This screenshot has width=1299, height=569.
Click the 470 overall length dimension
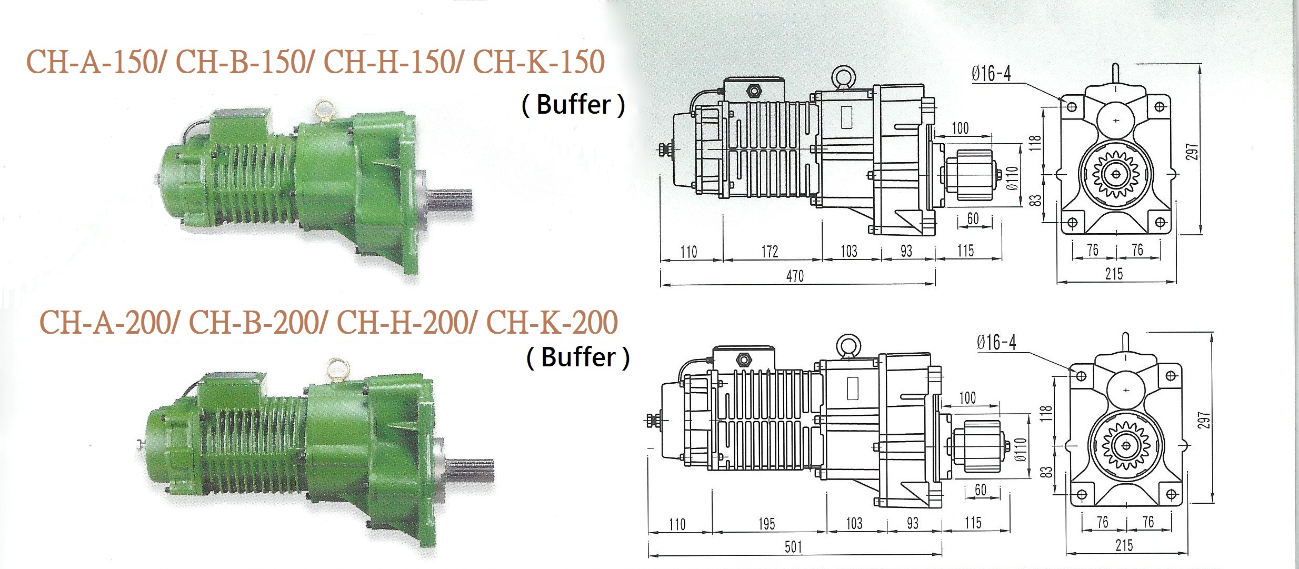tap(795, 276)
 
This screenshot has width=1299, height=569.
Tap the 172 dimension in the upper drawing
tap(770, 252)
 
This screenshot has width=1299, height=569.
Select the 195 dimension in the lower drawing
tap(767, 524)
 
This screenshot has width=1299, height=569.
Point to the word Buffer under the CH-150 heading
tap(574, 105)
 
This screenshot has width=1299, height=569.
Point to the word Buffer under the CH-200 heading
tap(578, 357)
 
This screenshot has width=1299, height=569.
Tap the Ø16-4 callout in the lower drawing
tap(996, 343)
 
